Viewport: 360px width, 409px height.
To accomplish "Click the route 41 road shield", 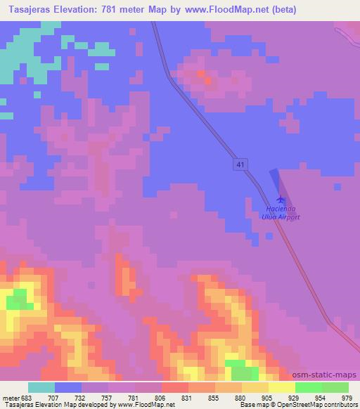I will click(x=241, y=164).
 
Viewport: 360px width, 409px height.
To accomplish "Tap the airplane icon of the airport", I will click(x=281, y=200).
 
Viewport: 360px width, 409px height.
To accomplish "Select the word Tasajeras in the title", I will click(x=29, y=10).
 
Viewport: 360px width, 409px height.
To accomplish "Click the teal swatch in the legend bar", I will click(x=41, y=387).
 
